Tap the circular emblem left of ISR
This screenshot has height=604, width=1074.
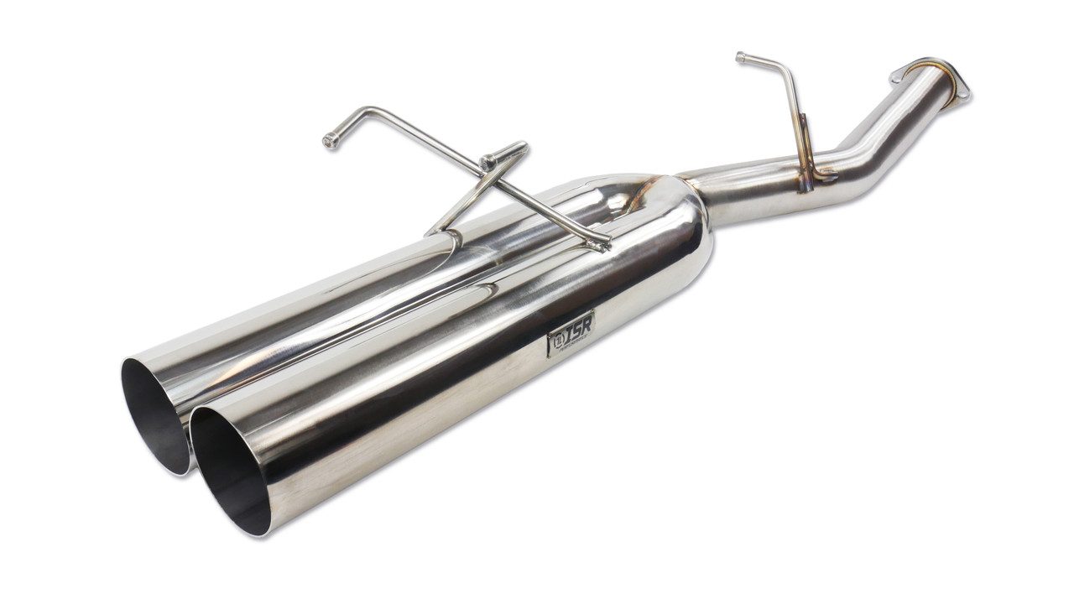tap(556, 341)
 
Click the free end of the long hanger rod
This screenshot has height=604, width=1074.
tap(331, 142)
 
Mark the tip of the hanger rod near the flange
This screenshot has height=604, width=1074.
tap(741, 57)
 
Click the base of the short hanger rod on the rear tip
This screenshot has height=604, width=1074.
tap(436, 231)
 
